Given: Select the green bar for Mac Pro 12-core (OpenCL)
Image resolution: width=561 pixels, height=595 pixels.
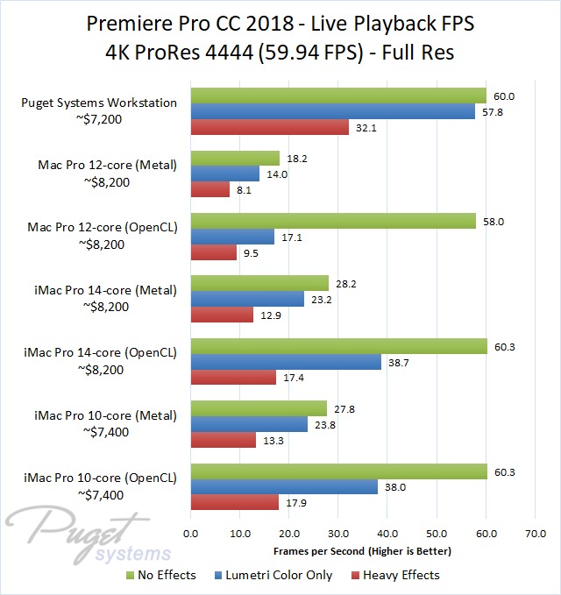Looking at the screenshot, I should point(333,221).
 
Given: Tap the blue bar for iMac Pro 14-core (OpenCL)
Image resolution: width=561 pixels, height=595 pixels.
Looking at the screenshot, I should point(286,361).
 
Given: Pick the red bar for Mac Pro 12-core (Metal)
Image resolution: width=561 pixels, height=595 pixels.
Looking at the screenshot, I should point(210,189).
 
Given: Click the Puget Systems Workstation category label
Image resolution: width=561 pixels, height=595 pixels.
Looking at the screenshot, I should point(98,103).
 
